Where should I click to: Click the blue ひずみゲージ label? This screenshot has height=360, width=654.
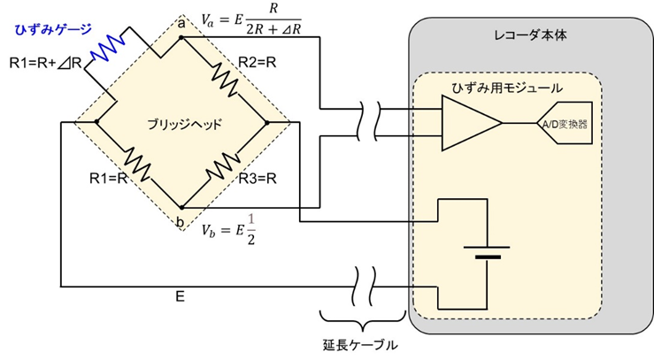click(50, 28)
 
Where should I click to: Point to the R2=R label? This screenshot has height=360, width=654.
click(258, 63)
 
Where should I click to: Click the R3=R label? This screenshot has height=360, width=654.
click(258, 177)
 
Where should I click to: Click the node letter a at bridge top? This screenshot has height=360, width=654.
click(181, 24)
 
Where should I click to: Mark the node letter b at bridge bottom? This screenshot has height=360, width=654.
click(181, 221)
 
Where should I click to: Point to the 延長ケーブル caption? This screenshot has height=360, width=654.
click(358, 344)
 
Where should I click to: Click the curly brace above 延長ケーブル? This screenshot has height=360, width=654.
click(358, 320)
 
